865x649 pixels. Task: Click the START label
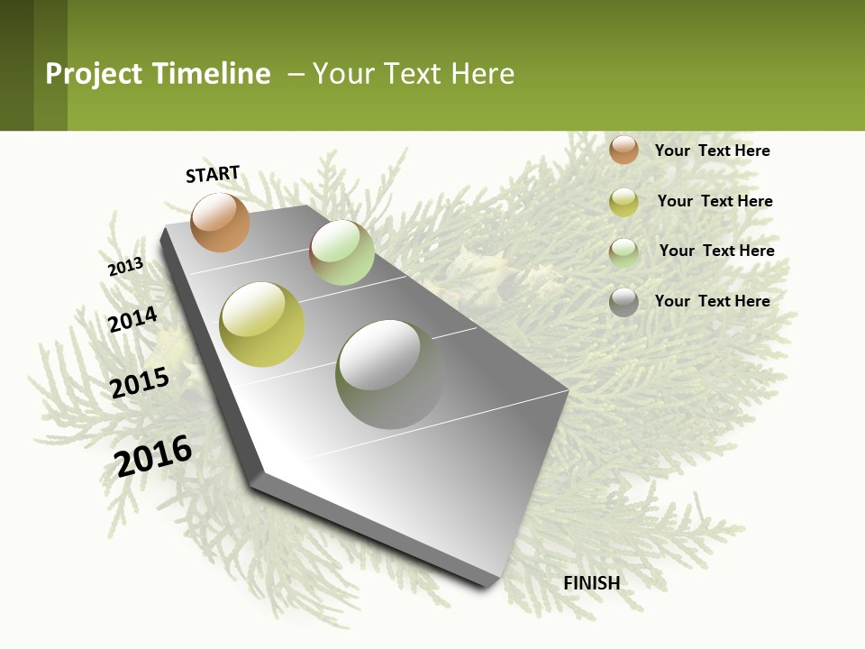[x=213, y=174]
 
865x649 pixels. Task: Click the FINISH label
[x=591, y=583]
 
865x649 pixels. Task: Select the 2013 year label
[x=125, y=267]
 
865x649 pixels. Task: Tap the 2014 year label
[x=132, y=320]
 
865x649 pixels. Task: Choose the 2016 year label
[x=153, y=456]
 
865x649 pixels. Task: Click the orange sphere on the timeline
[x=220, y=222]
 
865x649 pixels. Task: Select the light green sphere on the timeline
[x=341, y=252]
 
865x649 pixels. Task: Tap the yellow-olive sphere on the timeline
[x=262, y=324]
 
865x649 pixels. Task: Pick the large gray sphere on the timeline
[x=389, y=373]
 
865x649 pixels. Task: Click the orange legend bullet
[x=624, y=150]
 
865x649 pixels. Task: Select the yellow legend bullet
[x=624, y=202]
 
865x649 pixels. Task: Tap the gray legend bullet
[x=624, y=302]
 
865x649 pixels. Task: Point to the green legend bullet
[x=624, y=252]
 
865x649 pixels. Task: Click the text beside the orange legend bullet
[x=712, y=151]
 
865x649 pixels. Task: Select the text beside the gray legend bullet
[x=712, y=301]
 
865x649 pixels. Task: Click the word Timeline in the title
[x=211, y=74]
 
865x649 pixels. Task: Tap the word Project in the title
[x=94, y=74]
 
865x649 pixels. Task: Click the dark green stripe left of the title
[x=16, y=65]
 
